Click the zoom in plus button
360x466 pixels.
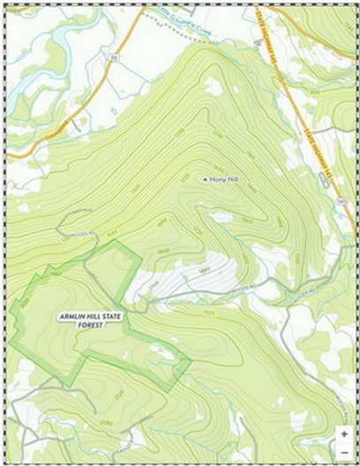[x=344, y=434]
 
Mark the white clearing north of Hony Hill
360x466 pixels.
[x=213, y=86]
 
